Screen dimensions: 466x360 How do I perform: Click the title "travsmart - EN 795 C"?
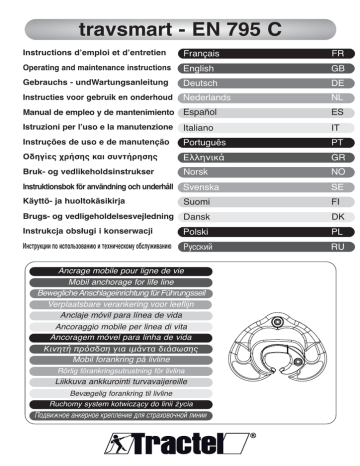(180, 21)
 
